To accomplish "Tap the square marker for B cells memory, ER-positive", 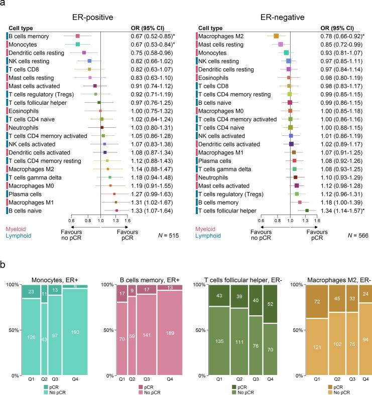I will (78, 36).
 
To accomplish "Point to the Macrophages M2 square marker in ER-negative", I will (276, 36).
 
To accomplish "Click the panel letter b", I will (4, 265).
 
